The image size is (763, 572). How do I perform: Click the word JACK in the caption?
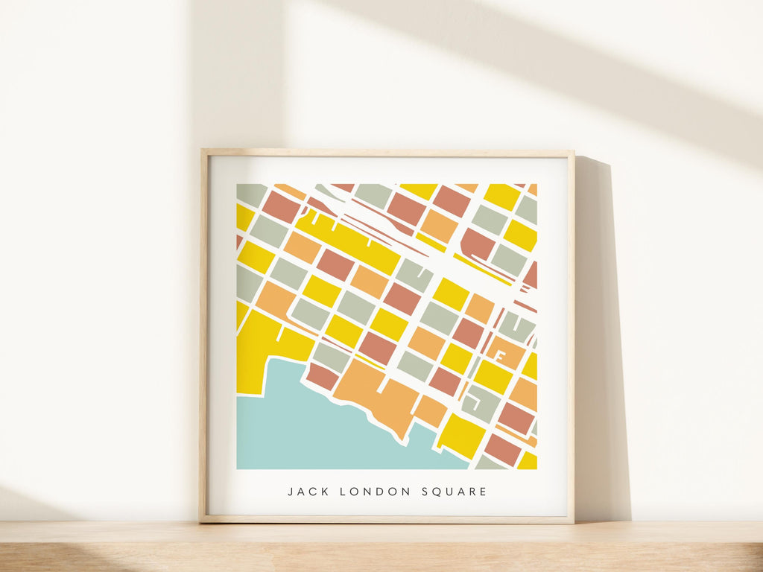pos(306,492)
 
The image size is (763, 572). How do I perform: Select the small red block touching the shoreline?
pos(322,377)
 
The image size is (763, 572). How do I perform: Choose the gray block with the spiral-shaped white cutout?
pos(480,403)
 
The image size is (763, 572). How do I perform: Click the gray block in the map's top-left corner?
pos(250,194)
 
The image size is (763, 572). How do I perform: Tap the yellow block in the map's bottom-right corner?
pos(528,461)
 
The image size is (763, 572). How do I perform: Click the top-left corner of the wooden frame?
pos(202,151)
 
